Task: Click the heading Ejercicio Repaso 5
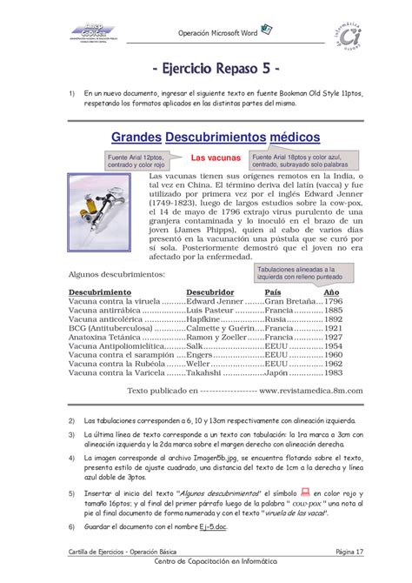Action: click(205, 68)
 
